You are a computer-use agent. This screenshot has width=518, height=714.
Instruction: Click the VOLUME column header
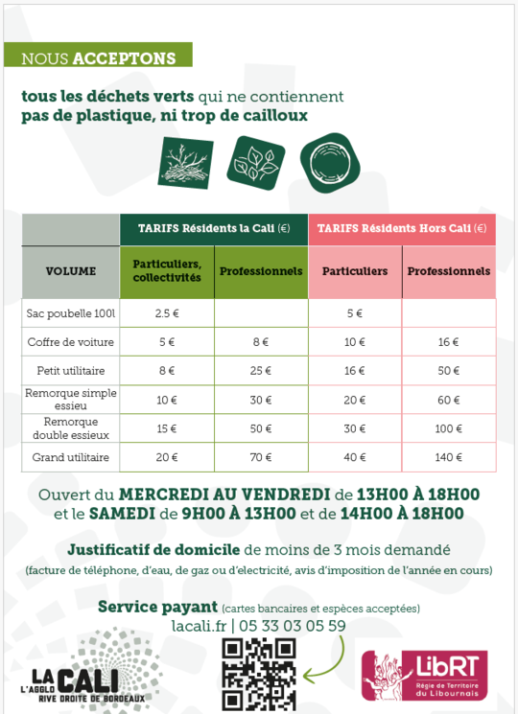click(71, 271)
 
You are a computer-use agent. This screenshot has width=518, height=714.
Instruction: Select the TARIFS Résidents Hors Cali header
click(401, 228)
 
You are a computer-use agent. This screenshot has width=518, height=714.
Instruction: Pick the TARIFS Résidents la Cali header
click(213, 228)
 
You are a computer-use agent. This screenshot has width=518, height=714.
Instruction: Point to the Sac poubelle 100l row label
click(71, 313)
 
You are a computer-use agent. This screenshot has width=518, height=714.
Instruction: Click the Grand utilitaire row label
click(71, 458)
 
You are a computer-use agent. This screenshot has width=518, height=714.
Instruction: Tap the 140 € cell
click(448, 458)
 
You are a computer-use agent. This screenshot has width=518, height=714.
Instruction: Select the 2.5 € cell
click(167, 313)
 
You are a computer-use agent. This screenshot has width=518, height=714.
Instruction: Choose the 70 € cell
click(261, 458)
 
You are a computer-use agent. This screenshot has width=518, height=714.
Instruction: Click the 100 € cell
click(448, 429)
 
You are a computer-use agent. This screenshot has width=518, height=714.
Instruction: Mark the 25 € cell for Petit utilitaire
click(261, 370)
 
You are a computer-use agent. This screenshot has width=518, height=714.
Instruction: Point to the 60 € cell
click(448, 400)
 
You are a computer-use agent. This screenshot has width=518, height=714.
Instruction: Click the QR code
click(259, 674)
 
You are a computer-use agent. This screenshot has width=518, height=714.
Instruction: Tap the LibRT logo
click(424, 674)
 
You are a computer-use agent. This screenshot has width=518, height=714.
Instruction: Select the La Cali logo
click(91, 671)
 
